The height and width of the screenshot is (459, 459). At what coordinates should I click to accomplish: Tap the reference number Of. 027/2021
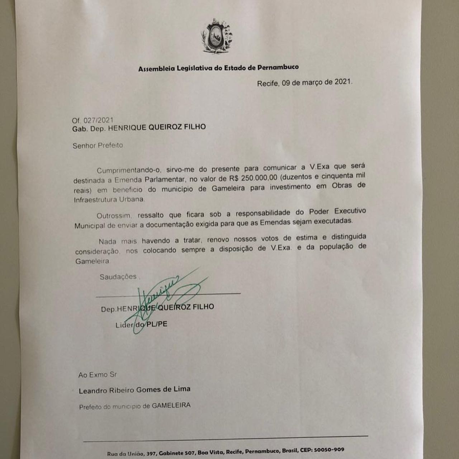[93, 120]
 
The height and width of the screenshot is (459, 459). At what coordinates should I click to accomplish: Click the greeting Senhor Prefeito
[98, 146]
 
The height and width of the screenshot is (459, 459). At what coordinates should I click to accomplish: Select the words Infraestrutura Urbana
[109, 200]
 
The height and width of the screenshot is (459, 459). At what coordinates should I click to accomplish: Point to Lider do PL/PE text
[141, 325]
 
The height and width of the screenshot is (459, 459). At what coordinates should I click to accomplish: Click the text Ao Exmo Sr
[98, 375]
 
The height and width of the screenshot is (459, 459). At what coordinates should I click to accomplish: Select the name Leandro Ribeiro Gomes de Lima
[134, 390]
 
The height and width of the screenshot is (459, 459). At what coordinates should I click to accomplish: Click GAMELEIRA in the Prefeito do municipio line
[171, 406]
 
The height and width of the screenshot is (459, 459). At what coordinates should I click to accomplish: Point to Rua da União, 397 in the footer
[132, 454]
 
